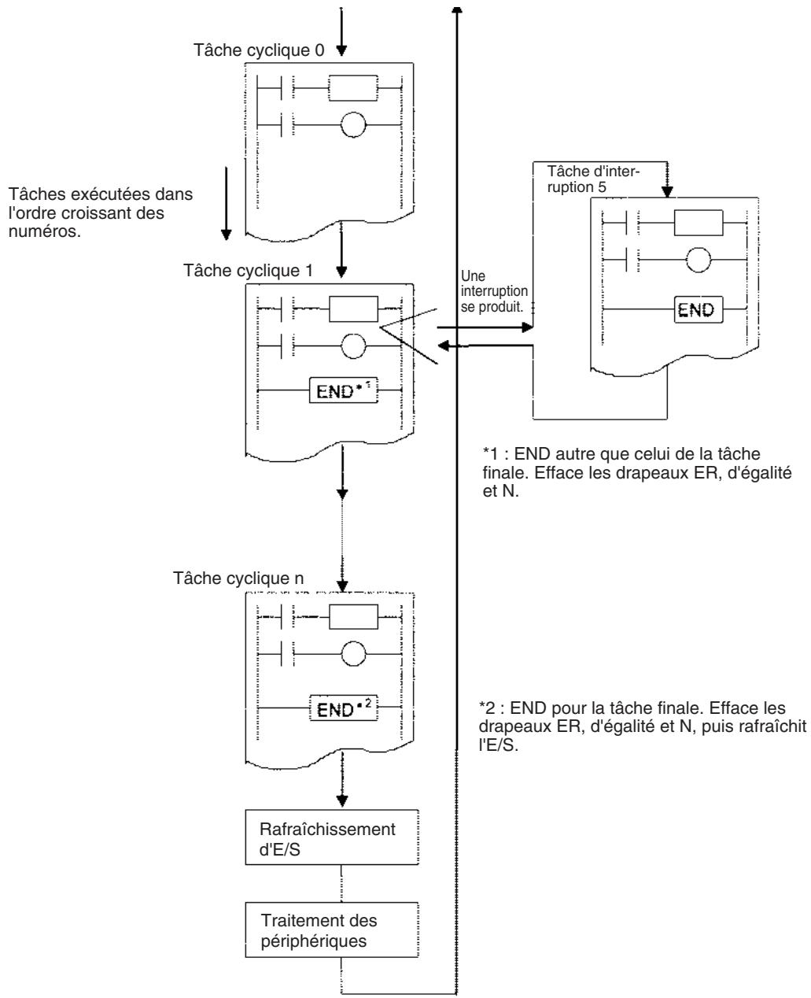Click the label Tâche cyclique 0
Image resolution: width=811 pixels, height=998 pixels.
259,50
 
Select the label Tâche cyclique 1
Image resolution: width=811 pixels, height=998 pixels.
248,271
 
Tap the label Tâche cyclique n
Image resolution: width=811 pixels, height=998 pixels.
238,578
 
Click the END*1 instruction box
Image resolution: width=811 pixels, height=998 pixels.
343,390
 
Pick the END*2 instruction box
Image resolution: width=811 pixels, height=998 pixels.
343,708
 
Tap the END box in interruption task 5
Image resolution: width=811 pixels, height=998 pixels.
699,309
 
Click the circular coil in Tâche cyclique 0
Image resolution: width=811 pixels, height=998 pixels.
353,125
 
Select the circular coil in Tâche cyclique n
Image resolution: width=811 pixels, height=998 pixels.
353,654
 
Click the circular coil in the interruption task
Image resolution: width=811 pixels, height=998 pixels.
699,260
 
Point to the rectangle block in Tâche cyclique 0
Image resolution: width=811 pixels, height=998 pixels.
352,88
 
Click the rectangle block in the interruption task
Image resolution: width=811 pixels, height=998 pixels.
699,223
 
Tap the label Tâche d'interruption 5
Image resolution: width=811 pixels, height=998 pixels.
593,179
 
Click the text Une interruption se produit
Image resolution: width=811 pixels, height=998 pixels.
494,291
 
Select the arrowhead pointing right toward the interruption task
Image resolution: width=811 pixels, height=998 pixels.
528,327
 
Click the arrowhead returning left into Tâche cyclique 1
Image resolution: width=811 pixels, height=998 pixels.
443,346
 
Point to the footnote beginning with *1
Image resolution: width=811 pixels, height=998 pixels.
637,472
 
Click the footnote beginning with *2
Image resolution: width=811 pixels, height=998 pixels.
643,726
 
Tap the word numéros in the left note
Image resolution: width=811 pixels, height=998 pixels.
45,231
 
